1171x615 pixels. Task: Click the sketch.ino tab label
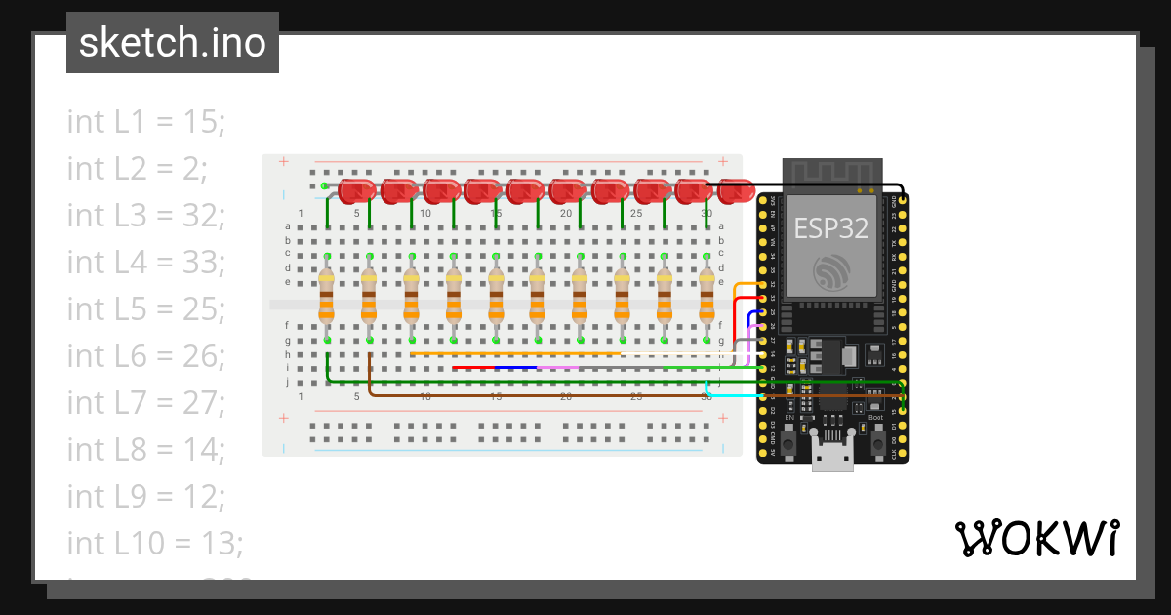point(172,43)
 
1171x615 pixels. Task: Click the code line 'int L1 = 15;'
point(146,122)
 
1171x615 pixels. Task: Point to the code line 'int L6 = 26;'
point(146,355)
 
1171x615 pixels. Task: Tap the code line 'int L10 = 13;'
point(155,541)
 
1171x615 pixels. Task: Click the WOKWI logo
point(1036,538)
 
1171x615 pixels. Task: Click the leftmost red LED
point(357,191)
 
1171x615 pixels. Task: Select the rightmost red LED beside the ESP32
point(737,191)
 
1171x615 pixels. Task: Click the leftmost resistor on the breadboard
point(327,298)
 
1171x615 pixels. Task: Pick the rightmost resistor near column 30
point(707,298)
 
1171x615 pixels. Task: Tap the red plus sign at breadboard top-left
point(284,162)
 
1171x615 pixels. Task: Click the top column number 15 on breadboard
point(496,214)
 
